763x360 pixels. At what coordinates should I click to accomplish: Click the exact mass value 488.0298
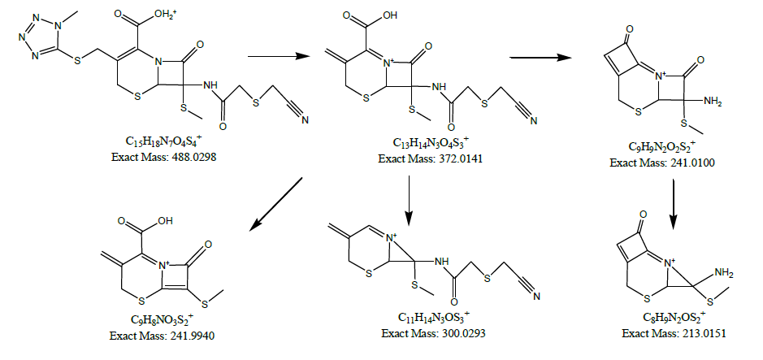coord(194,157)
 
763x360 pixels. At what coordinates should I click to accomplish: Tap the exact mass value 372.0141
coord(462,158)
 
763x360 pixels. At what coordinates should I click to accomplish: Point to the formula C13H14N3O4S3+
coord(431,144)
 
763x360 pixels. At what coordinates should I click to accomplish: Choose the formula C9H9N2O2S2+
coord(661,147)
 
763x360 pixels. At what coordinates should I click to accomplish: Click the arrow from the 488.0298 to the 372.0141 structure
coord(279,56)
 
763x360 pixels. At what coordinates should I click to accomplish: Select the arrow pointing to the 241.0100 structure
coord(540,58)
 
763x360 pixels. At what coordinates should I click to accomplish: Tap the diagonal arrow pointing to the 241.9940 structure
coord(275,203)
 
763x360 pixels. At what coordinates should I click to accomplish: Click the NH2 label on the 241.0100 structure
coord(713,102)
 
